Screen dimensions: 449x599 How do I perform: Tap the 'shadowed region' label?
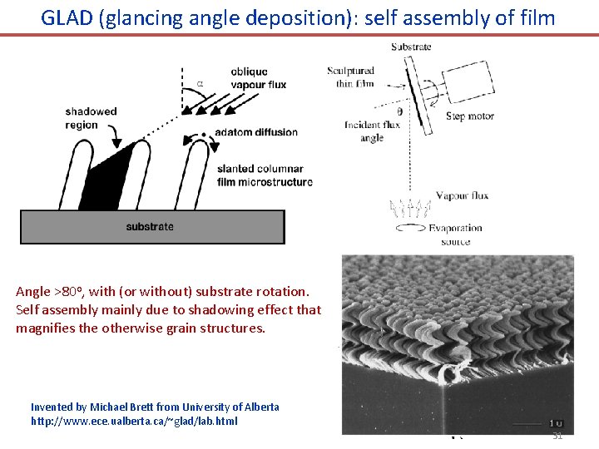91,118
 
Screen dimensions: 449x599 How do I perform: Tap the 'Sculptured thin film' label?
351,76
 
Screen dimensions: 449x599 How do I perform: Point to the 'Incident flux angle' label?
372,131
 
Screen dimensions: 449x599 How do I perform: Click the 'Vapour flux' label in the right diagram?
462,195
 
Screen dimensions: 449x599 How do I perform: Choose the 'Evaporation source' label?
455,234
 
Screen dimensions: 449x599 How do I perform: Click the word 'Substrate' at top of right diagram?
410,47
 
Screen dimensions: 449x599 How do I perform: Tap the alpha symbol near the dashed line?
200,82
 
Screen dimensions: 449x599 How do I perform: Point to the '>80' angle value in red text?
67,292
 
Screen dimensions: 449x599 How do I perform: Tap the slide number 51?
557,436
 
